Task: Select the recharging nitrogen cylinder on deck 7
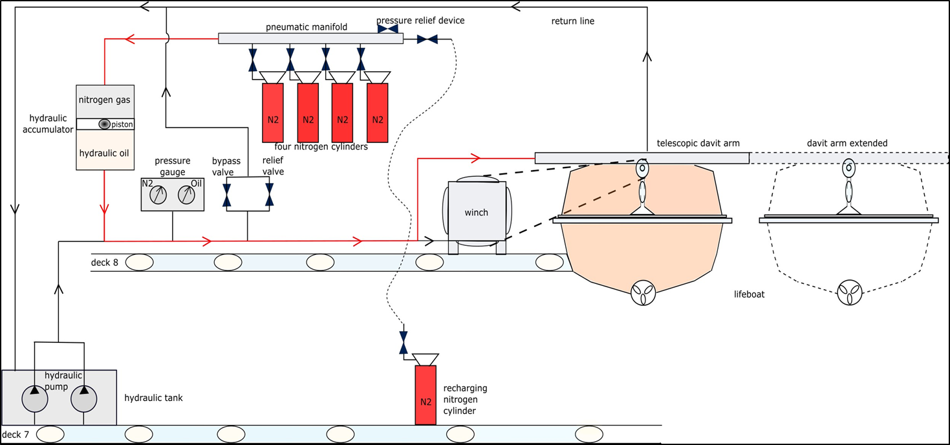(x=426, y=395)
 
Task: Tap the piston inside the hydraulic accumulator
(x=104, y=124)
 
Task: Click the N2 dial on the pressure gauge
(x=156, y=195)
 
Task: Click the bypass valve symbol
(x=227, y=195)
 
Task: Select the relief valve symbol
(x=269, y=195)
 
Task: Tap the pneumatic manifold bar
(x=310, y=38)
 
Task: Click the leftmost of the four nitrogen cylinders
(x=273, y=113)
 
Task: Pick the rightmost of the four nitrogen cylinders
(x=378, y=113)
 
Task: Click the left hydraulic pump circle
(x=35, y=398)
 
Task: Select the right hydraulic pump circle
(x=83, y=398)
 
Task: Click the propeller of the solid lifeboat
(x=643, y=293)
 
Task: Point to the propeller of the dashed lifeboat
(x=848, y=293)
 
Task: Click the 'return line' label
(x=572, y=21)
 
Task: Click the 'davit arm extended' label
(x=847, y=143)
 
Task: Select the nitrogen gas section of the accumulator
(x=105, y=100)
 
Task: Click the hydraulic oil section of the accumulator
(x=105, y=153)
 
